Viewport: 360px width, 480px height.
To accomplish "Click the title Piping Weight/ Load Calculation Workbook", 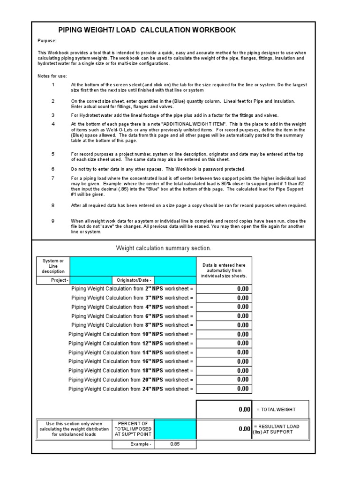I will tap(147, 30).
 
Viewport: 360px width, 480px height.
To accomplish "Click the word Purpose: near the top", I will tap(47, 41).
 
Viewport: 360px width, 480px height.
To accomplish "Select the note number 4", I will tap(53, 124).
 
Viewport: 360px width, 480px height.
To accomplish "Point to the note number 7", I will tap(53, 178).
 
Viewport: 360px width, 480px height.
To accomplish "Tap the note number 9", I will tap(53, 221).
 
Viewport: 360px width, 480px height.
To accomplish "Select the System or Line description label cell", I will tap(53, 266).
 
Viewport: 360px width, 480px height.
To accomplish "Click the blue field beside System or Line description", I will tap(133, 266).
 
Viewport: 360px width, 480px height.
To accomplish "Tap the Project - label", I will tap(60, 280).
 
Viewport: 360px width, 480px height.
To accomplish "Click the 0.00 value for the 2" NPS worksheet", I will tap(224, 289).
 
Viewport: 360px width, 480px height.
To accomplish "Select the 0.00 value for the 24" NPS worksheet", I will tap(224, 389).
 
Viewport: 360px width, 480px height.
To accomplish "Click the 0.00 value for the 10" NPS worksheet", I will tap(224, 334).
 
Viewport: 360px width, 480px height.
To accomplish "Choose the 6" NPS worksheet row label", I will tap(132, 316).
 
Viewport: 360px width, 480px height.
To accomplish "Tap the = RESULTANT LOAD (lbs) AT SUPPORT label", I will tap(280, 429).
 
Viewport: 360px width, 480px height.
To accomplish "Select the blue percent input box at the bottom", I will tap(175, 429).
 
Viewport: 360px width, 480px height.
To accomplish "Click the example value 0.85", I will tap(175, 444).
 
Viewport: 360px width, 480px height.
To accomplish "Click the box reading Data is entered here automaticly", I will tap(224, 270).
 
